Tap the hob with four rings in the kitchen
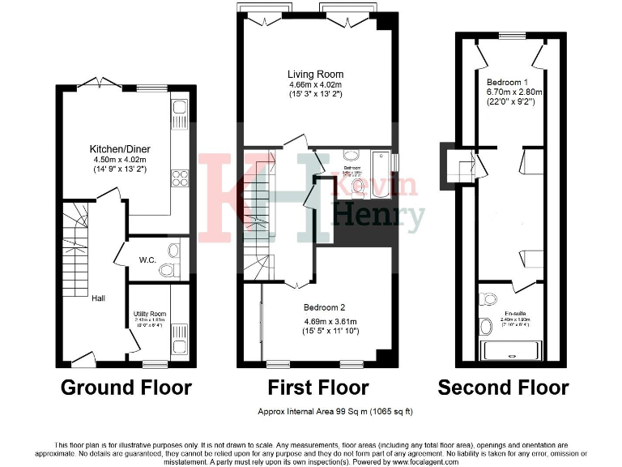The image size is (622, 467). click(181, 180)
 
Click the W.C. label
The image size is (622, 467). click(147, 260)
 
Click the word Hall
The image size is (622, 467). click(98, 298)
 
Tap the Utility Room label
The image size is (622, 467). click(150, 314)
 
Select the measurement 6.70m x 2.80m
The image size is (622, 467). click(514, 92)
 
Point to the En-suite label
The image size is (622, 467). click(514, 313)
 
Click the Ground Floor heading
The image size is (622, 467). click(126, 388)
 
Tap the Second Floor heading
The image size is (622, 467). click(503, 388)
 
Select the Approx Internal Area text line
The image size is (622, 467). click(334, 412)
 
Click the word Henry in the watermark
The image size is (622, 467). click(379, 217)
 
